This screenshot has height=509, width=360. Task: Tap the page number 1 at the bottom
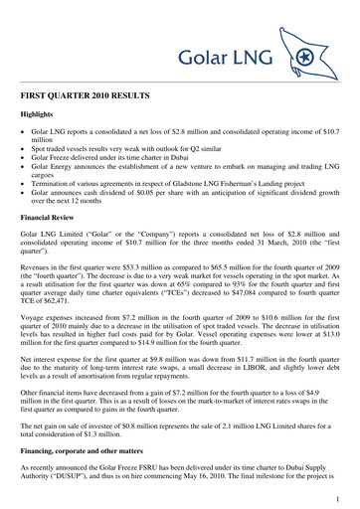coord(340,498)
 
